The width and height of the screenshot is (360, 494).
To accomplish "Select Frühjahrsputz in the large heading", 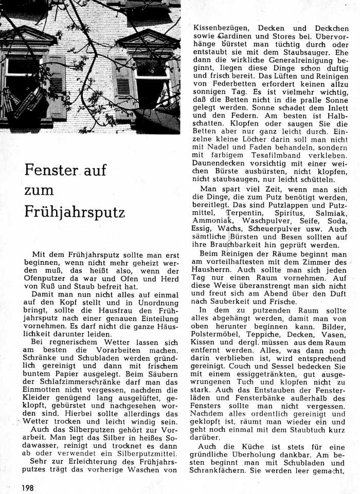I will pos(75,212).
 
